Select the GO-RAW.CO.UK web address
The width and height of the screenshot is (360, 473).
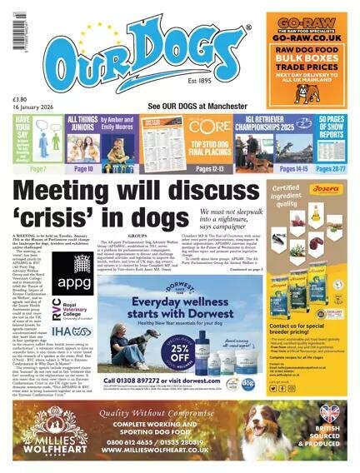pyautogui.click(x=306, y=38)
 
